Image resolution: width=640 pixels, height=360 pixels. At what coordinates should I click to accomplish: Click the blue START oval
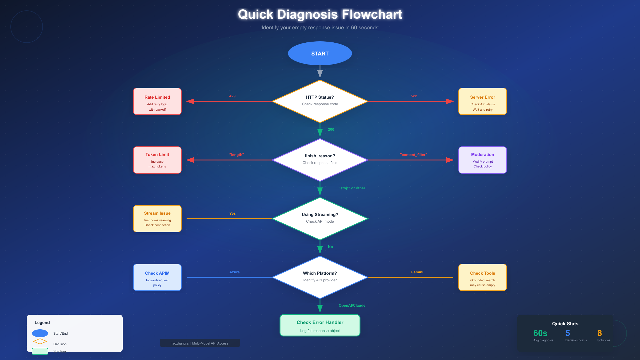(320, 53)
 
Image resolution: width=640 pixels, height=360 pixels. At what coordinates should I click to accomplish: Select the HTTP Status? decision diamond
(320, 101)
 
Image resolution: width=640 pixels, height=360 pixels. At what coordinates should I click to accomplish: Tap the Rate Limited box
(157, 101)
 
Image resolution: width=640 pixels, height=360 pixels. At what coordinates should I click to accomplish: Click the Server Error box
(482, 101)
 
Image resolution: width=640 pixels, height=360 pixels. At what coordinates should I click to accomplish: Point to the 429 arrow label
(232, 96)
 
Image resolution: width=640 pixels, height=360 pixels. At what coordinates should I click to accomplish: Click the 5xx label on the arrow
(414, 96)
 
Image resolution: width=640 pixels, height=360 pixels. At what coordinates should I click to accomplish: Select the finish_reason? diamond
(320, 160)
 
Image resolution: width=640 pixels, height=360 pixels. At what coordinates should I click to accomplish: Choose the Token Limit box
(157, 160)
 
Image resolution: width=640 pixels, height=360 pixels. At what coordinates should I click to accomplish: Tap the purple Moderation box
(482, 160)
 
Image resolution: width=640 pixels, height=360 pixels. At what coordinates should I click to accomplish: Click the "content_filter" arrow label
(413, 155)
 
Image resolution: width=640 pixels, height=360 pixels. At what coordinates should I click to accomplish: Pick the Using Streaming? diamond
(320, 218)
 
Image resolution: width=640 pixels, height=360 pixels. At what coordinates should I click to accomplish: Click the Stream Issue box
(157, 219)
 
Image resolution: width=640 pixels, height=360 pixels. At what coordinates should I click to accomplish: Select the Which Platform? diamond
(320, 277)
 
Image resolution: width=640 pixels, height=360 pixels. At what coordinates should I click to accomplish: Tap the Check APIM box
(157, 277)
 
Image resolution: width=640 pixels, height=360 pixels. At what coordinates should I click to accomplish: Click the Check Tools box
(482, 277)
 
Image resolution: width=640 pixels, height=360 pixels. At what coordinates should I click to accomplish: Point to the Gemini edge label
(417, 272)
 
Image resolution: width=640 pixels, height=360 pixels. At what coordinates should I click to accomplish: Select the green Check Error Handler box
(320, 325)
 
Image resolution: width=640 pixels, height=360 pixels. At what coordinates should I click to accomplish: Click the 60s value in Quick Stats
(540, 333)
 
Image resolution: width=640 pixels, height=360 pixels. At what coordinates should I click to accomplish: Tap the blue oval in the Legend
(40, 333)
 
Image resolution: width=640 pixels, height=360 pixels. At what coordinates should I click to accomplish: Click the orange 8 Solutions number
(599, 333)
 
